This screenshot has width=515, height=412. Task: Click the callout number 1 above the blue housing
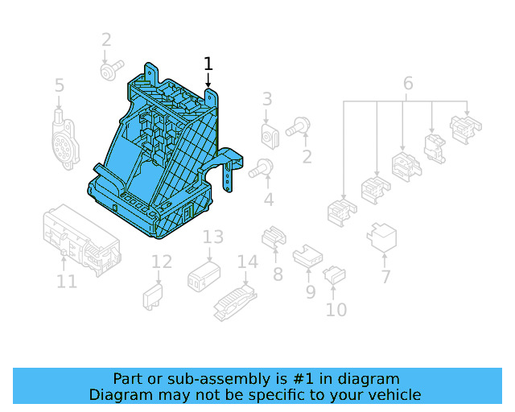pyautogui.click(x=208, y=64)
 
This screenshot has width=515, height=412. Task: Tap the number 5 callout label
pyautogui.click(x=60, y=85)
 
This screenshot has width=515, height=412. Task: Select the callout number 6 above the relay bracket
pyautogui.click(x=407, y=84)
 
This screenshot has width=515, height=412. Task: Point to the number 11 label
pyautogui.click(x=67, y=281)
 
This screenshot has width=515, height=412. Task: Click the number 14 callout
pyautogui.click(x=248, y=262)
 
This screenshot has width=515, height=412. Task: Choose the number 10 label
pyautogui.click(x=336, y=309)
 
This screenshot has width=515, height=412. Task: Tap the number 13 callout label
pyautogui.click(x=212, y=237)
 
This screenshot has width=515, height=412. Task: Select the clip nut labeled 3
pyautogui.click(x=269, y=136)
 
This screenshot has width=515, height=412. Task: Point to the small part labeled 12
pyautogui.click(x=153, y=295)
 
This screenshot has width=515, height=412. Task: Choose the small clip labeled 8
pyautogui.click(x=274, y=237)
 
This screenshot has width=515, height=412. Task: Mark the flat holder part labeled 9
pyautogui.click(x=307, y=257)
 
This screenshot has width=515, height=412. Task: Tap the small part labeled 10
pyautogui.click(x=334, y=276)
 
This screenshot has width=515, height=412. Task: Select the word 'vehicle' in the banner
pyautogui.click(x=393, y=394)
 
